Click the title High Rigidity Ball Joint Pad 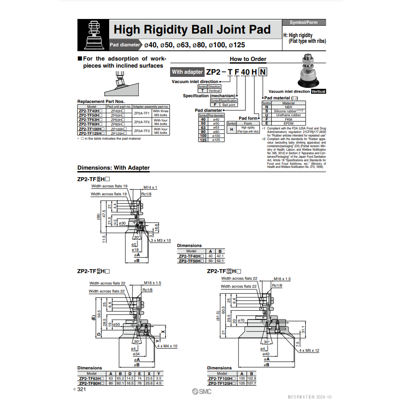(192, 30)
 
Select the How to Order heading (248, 59)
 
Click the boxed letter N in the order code (263, 72)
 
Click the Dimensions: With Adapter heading (114, 168)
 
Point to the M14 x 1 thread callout (150, 187)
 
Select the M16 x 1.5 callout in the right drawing (282, 279)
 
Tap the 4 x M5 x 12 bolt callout (309, 350)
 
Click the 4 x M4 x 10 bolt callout (167, 346)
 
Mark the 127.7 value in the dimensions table (252, 383)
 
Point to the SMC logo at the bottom (201, 391)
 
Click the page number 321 (81, 389)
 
